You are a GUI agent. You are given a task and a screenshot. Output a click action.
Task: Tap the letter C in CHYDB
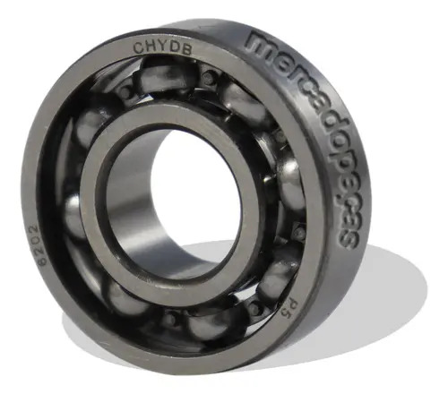(139, 48)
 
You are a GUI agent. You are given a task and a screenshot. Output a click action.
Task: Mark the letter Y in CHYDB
(163, 48)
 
